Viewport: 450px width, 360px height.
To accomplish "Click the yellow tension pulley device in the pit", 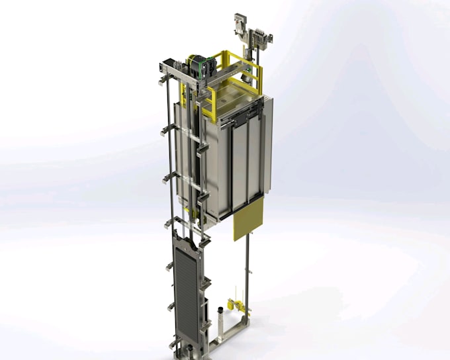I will point(233,306).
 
